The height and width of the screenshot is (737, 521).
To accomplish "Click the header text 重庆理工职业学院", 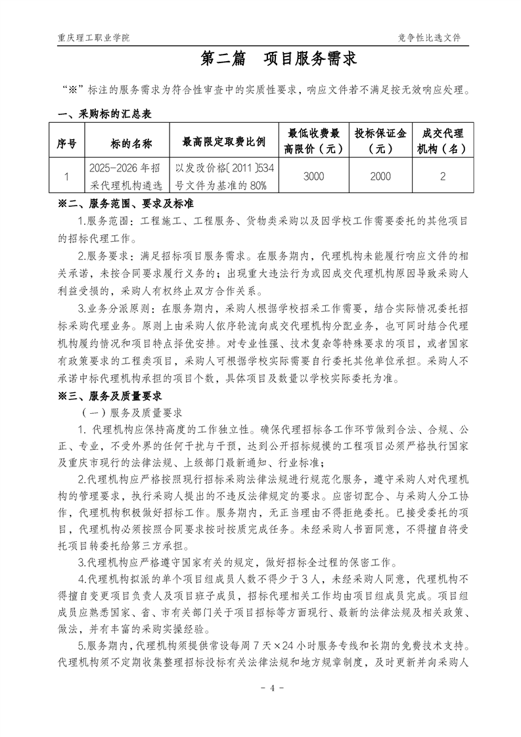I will (94, 37).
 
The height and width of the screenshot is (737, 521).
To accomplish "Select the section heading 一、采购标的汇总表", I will (105, 114).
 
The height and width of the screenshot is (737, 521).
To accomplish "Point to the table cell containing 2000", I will (380, 176).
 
